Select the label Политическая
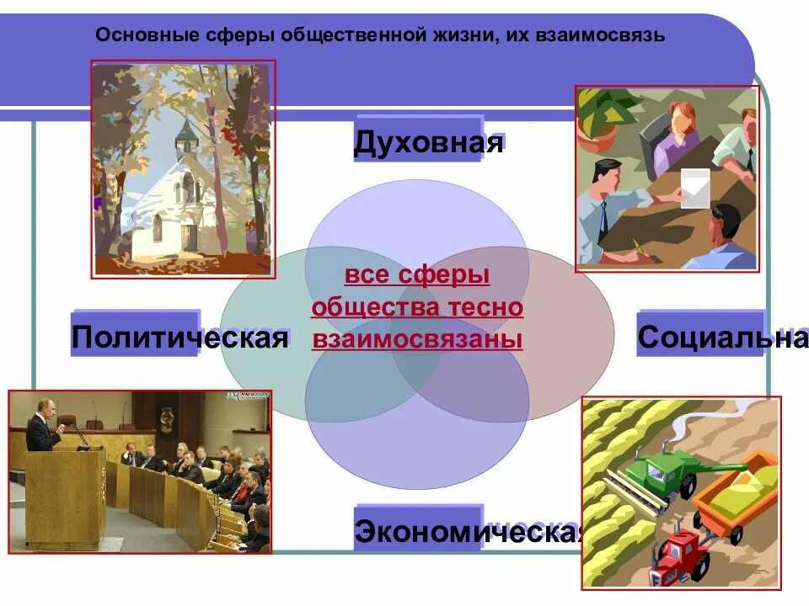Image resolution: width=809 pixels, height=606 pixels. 179,338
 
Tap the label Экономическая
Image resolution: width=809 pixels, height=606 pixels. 469,531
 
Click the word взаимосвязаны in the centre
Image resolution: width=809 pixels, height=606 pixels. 417,339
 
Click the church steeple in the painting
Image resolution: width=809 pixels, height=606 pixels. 185,135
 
